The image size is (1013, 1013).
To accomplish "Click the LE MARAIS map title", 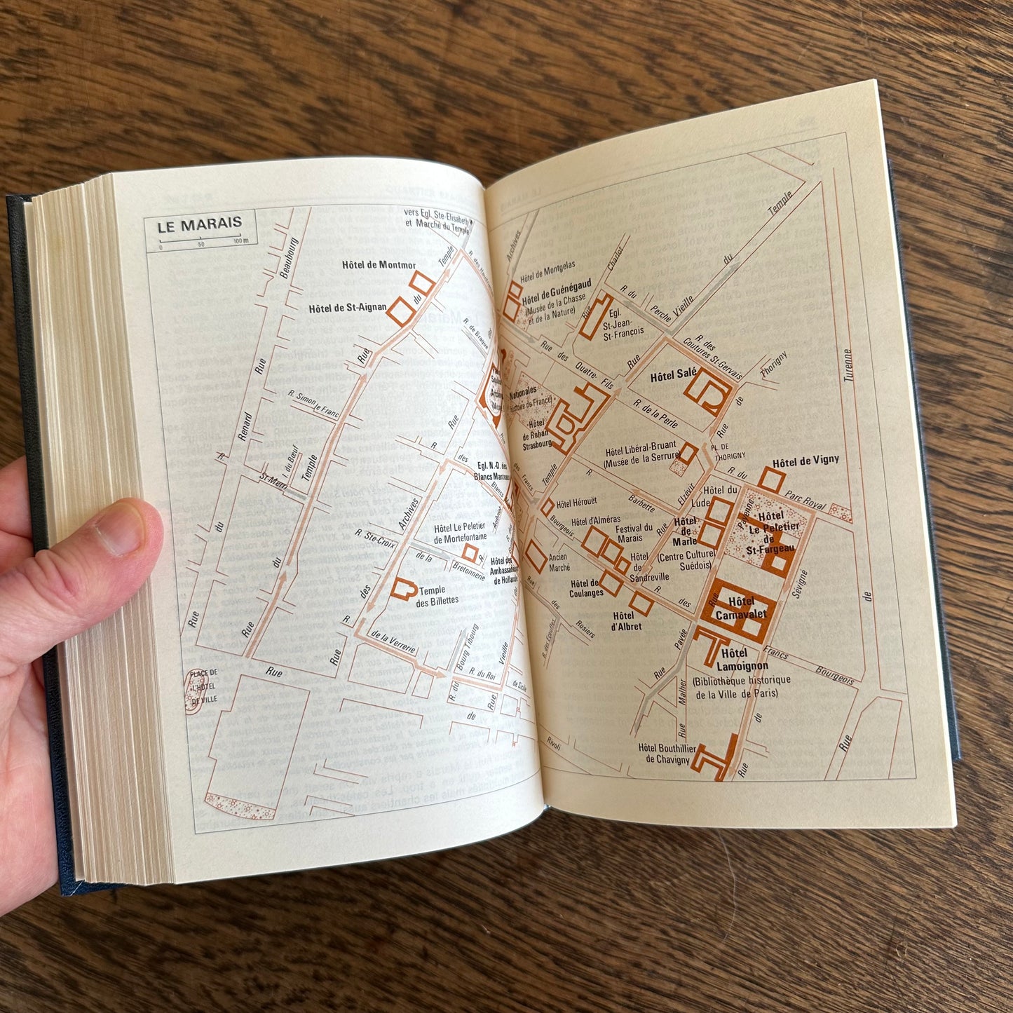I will click(x=199, y=226).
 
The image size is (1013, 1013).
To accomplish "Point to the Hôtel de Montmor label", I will click(x=379, y=265).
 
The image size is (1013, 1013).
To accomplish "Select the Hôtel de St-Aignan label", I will click(x=347, y=308).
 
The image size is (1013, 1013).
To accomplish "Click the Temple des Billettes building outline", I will click(x=402, y=589).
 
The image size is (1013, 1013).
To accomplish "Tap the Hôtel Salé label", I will click(x=673, y=376).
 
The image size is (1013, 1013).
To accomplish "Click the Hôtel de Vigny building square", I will click(x=772, y=480).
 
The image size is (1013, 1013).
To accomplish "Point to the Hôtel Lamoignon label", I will click(x=742, y=660).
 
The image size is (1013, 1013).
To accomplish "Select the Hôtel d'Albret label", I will click(x=625, y=621).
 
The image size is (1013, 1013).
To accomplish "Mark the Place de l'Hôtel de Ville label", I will click(x=203, y=686).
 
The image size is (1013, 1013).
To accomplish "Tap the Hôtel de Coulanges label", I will click(x=585, y=588).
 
